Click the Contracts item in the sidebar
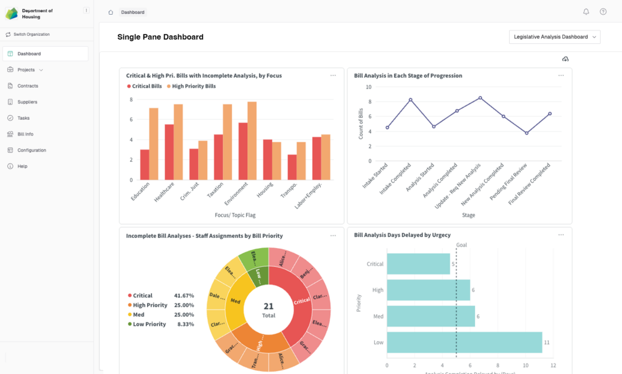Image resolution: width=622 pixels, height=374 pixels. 27,86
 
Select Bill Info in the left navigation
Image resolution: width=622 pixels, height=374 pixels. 25,134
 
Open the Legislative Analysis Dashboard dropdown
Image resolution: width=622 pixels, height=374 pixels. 554,37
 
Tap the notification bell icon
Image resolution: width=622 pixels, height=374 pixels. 586,12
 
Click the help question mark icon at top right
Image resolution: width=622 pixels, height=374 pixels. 603,12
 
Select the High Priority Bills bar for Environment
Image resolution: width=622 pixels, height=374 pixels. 252,140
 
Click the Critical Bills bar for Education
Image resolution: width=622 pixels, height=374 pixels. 145,164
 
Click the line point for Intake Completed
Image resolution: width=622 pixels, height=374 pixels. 411,100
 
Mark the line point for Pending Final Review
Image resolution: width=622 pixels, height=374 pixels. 527,133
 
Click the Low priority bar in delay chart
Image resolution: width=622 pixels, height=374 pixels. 464,342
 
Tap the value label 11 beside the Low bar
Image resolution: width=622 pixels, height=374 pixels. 547,343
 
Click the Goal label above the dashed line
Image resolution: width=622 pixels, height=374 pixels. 462,245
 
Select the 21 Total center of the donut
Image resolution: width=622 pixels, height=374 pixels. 268,310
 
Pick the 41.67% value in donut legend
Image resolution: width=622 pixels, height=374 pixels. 184,296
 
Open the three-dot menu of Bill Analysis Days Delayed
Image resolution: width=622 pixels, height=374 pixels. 561,235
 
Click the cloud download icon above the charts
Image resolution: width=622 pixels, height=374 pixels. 565,58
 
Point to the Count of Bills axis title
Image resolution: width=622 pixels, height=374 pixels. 361,124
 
